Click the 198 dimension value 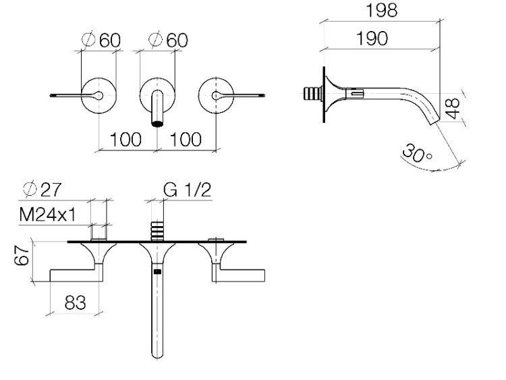382,10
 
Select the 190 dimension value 372,38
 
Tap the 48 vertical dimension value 453,108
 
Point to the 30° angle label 417,153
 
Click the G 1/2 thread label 187,190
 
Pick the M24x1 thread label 48,215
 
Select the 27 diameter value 51,190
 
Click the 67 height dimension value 22,255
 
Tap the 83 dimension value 76,303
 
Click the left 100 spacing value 125,140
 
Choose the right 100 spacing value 186,140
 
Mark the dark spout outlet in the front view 157,124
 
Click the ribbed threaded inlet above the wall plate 157,231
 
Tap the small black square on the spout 157,271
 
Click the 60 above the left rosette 110,40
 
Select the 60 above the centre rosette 177,40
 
